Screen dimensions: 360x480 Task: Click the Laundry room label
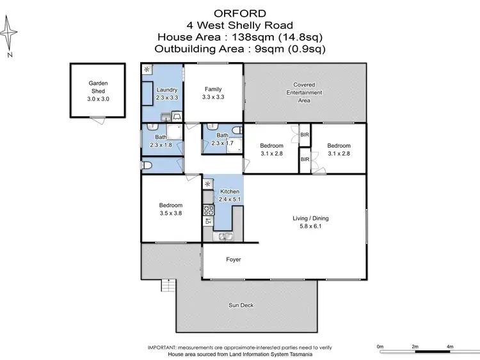pos(166,90)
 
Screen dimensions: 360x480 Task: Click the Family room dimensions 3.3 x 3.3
pos(212,97)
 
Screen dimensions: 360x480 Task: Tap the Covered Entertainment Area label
pos(304,92)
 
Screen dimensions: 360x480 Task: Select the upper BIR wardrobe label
pos(305,135)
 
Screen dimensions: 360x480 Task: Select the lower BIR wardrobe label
pos(305,159)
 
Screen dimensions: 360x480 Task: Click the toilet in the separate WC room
pos(147,166)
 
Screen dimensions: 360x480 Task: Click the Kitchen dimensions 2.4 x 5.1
pos(230,200)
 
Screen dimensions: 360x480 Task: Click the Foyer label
pos(234,260)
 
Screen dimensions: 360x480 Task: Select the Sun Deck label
pos(241,305)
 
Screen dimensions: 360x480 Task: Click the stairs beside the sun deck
pos(168,285)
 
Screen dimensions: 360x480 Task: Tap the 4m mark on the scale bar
pos(450,347)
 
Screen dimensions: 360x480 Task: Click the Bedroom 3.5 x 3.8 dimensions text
pos(171,214)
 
